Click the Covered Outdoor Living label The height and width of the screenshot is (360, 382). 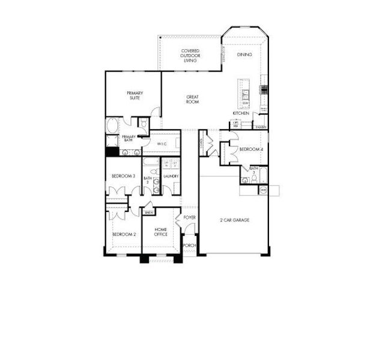(x=190, y=55)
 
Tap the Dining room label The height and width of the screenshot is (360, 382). (x=244, y=55)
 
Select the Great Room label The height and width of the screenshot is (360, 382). (x=192, y=99)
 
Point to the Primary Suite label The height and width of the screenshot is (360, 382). (x=134, y=95)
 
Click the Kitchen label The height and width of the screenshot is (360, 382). (x=241, y=113)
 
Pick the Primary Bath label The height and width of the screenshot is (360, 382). (x=130, y=139)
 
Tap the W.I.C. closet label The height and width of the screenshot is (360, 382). (x=162, y=144)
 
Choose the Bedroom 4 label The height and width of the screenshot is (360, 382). (x=250, y=149)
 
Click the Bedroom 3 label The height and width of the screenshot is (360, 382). (x=123, y=176)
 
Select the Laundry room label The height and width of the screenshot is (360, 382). (x=171, y=176)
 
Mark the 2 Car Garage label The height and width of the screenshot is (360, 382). (x=235, y=220)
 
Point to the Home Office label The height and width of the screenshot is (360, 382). (x=160, y=232)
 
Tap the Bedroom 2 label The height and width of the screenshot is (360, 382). (x=123, y=234)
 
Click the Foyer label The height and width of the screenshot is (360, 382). (x=190, y=217)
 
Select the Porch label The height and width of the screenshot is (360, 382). (x=189, y=245)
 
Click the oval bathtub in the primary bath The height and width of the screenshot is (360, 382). (x=112, y=126)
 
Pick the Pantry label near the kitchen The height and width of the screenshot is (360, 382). (x=261, y=128)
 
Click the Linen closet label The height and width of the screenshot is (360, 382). (x=148, y=212)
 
